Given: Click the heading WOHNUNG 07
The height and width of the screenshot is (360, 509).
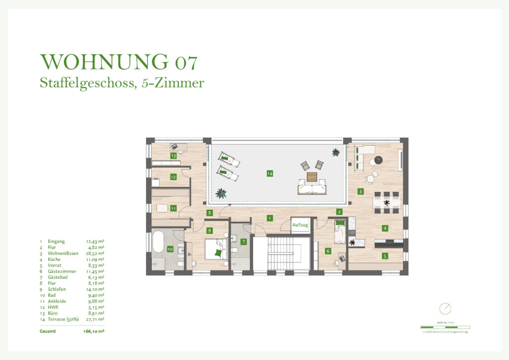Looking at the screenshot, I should [119, 62].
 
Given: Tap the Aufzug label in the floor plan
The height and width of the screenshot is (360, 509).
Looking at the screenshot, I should [300, 225].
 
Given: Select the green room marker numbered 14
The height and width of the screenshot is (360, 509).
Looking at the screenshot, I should [269, 174].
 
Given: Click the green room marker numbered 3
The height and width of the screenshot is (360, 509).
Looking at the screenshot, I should [360, 191].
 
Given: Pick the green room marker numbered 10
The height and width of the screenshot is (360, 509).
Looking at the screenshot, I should [170, 248].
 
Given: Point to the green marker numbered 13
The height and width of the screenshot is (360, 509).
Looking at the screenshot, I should [173, 156].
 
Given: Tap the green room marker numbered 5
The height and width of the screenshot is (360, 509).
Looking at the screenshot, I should [385, 256].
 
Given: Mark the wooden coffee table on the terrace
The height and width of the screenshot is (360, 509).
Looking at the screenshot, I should [312, 177].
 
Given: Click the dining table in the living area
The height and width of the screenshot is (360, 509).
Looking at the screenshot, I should [387, 202].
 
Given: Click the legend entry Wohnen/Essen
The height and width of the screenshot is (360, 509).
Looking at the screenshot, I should [63, 253].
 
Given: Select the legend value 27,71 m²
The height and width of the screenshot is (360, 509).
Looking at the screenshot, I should [95, 319].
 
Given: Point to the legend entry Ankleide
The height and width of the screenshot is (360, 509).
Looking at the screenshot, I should [56, 301].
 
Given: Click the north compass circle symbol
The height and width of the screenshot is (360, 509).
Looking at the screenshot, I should [445, 309].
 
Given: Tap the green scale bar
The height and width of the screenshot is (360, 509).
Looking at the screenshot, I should [445, 327].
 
